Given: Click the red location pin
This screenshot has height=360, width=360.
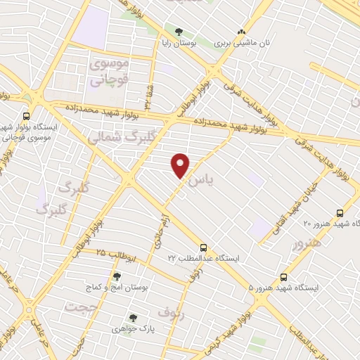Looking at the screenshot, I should pos(181,165).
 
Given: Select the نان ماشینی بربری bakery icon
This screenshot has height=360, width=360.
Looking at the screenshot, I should pos(243,32).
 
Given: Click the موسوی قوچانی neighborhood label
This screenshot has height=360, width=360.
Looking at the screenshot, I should pos(110,72).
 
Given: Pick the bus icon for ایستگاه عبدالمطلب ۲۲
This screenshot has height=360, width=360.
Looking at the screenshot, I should pos(204,247).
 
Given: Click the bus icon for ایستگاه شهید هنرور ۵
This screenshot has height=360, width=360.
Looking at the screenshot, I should pos(284,277).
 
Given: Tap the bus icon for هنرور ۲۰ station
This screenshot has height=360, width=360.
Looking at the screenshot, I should pos(340,212).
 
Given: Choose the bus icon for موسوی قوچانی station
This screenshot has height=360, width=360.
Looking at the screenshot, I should pos(26,116).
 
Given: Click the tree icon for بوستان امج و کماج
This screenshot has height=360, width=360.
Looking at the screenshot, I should pos(117,276).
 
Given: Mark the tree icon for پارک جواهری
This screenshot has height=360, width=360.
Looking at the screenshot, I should pos(132,317).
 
